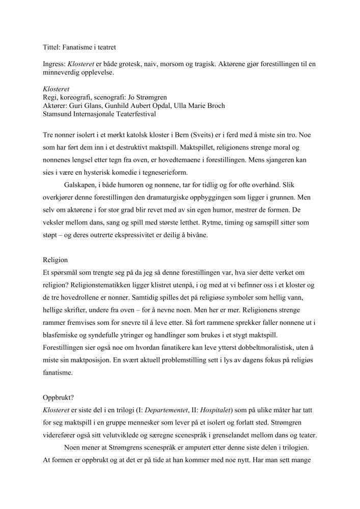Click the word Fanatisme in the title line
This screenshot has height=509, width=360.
point(78,47)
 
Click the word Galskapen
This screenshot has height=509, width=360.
point(80,184)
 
